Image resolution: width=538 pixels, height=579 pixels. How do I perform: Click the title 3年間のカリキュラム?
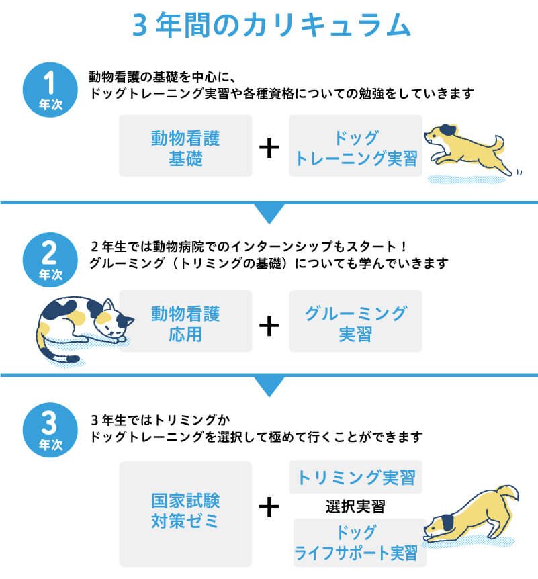click(x=271, y=25)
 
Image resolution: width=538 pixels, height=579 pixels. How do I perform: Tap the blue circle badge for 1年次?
click(x=50, y=90)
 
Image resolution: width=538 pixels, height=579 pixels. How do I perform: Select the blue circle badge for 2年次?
click(x=50, y=260)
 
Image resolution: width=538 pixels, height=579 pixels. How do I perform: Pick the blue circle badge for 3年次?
click(x=50, y=430)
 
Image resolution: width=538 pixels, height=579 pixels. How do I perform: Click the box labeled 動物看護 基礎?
click(x=185, y=146)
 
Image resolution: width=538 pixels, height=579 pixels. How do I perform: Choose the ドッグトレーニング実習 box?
click(x=355, y=146)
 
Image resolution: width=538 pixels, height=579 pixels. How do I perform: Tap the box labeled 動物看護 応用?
click(x=185, y=321)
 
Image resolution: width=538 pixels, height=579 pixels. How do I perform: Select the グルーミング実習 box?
click(x=355, y=321)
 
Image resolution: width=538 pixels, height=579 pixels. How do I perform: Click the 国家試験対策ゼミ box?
click(x=185, y=514)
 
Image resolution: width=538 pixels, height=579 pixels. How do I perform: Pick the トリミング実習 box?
click(x=355, y=477)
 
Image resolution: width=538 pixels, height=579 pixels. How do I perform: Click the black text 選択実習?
click(x=355, y=506)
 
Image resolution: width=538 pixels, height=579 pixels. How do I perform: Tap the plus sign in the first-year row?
click(x=269, y=148)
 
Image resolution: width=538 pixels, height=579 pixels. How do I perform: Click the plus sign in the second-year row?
click(x=269, y=326)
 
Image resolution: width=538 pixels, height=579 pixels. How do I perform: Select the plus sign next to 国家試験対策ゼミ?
click(x=269, y=507)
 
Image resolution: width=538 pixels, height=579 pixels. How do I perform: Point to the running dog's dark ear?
click(x=448, y=130)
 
